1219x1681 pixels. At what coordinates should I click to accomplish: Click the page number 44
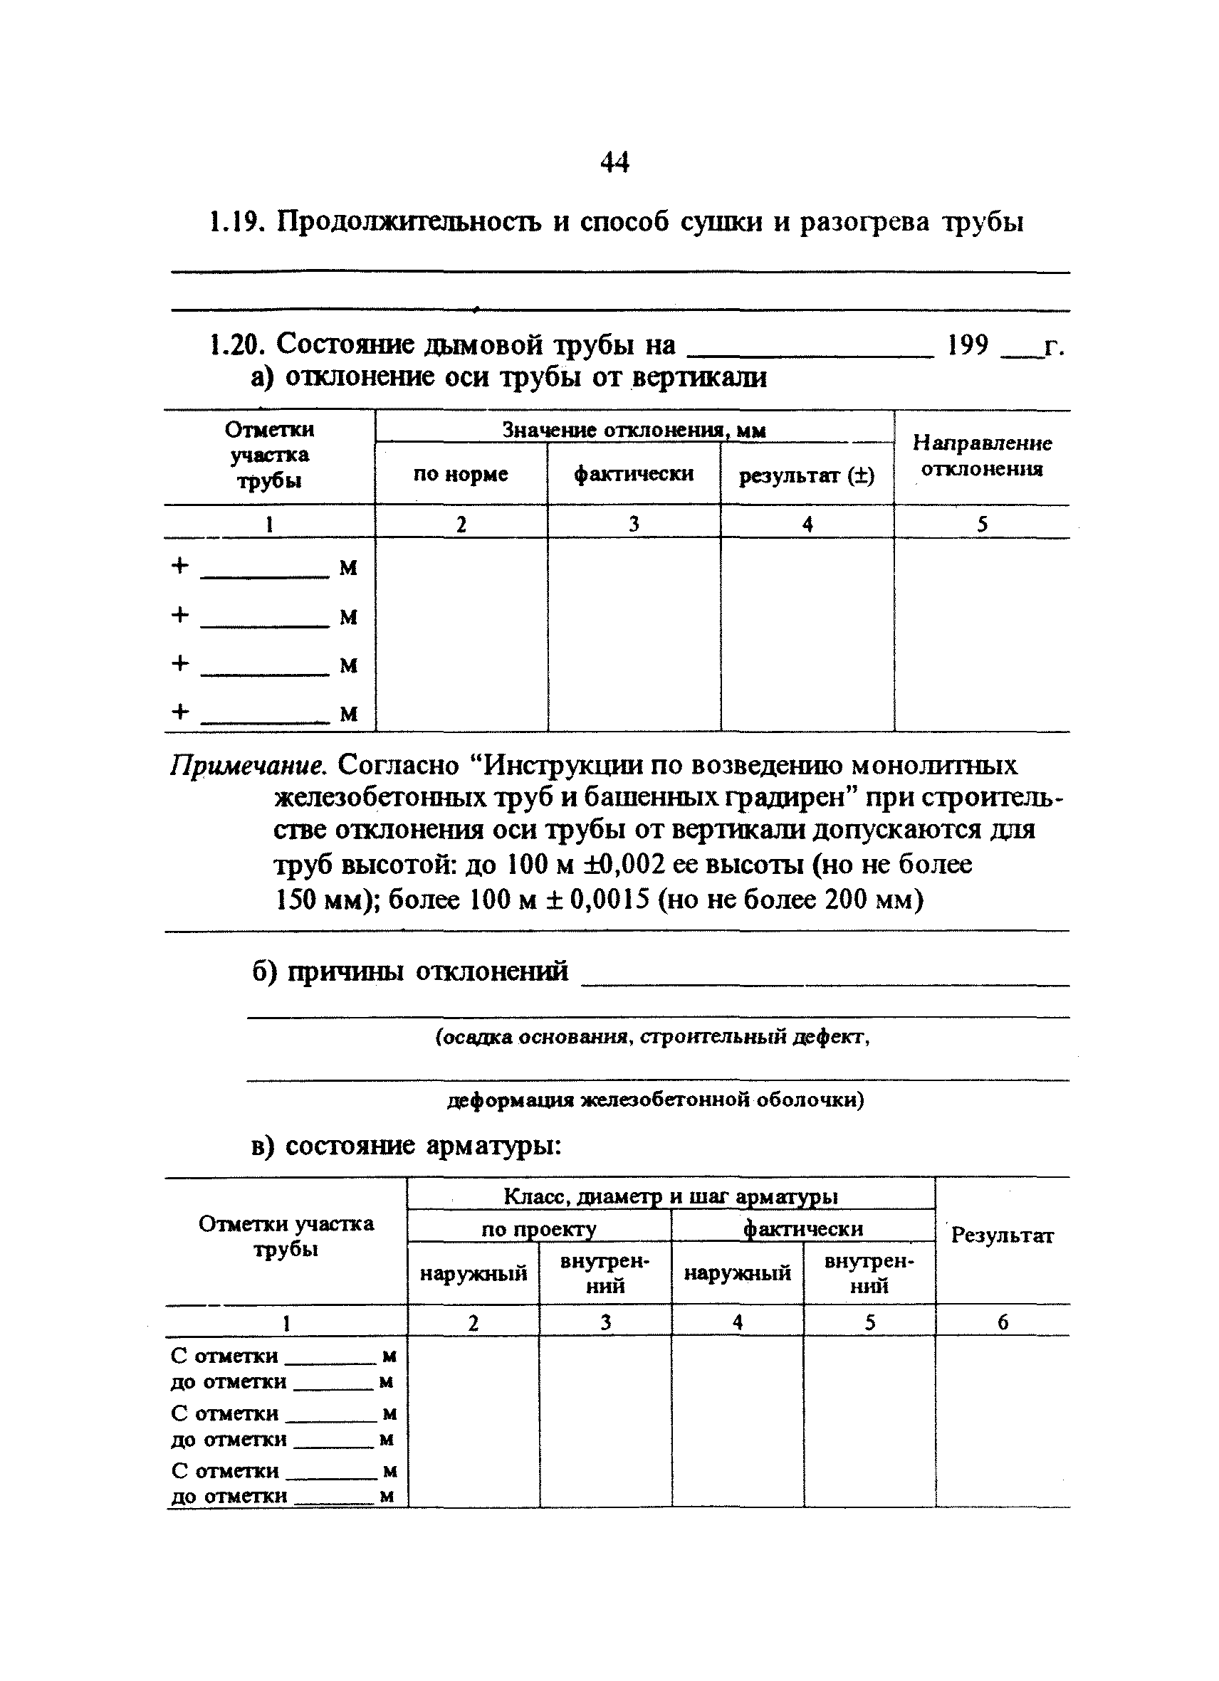click(614, 162)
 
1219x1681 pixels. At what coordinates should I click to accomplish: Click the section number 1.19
click(233, 221)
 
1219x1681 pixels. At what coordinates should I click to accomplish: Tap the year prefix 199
click(968, 344)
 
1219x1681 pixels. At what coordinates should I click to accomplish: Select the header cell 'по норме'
click(461, 473)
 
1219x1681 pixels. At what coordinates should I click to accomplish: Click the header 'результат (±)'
click(807, 475)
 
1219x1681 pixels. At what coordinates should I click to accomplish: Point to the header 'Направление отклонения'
click(982, 455)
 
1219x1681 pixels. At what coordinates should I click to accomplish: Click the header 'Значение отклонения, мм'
click(634, 429)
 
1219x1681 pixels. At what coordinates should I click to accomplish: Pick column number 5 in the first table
click(982, 525)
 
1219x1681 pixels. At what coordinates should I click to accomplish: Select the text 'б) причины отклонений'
click(410, 970)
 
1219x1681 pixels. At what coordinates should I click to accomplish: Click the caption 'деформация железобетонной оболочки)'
click(656, 1100)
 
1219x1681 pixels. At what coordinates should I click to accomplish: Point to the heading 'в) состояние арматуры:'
click(407, 1146)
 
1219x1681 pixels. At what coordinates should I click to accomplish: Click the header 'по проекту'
click(538, 1229)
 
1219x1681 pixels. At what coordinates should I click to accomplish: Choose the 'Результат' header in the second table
click(1002, 1235)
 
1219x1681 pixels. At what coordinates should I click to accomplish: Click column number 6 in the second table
click(1003, 1322)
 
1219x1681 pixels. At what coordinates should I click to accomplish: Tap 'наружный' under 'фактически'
click(737, 1273)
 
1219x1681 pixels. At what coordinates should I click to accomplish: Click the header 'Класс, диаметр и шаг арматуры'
click(670, 1196)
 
